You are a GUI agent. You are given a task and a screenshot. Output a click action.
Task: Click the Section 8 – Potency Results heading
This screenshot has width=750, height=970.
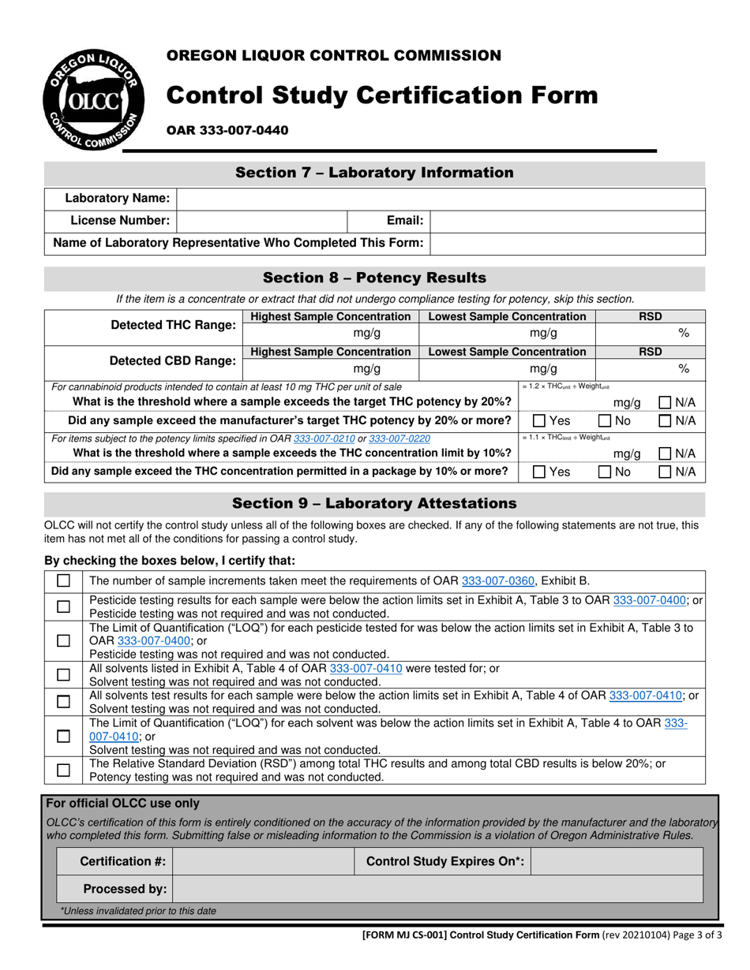pyautogui.click(x=374, y=278)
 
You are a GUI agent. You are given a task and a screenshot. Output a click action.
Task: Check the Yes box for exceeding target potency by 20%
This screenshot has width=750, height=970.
pyautogui.click(x=539, y=421)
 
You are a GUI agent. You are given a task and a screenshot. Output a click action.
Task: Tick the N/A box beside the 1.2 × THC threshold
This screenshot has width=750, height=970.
pyautogui.click(x=665, y=403)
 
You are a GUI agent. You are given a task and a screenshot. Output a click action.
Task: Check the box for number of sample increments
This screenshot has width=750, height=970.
pyautogui.click(x=63, y=581)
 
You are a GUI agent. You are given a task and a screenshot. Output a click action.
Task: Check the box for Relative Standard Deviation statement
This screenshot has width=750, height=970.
pyautogui.click(x=63, y=770)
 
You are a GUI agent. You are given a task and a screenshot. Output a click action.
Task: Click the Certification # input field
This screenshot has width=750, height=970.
pyautogui.click(x=263, y=862)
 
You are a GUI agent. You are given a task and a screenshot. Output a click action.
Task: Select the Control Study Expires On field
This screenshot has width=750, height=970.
pyautogui.click(x=617, y=862)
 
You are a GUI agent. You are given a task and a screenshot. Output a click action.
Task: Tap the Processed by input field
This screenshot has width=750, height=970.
pyautogui.click(x=437, y=889)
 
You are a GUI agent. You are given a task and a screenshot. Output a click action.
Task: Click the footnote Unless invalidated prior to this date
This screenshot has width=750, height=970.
pyautogui.click(x=139, y=911)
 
